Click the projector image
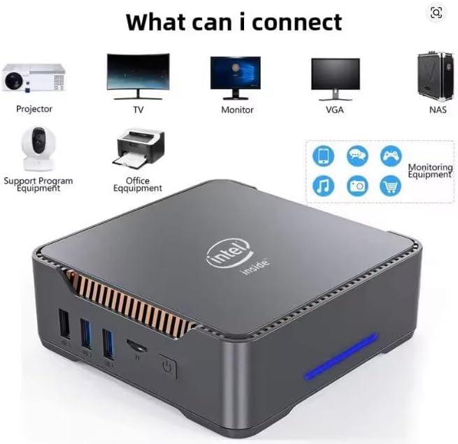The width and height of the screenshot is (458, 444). pos(34,77)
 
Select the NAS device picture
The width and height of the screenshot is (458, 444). pos(436,77)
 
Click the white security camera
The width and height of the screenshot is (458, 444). pos(38,149)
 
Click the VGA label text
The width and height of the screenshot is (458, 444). pos(335,110)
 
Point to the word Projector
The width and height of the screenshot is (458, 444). pos(34,109)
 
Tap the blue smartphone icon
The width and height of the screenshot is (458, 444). pos(323,156)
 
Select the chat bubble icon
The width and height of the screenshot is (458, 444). pos(357,156)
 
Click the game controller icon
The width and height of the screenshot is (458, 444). pos(391,156)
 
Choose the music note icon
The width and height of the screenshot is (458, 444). pos(323,186)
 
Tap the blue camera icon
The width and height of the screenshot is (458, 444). pos(357,186)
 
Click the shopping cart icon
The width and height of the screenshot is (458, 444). pos(391,186)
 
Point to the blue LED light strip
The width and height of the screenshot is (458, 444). pos(341,357)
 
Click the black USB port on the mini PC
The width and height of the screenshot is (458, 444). pos(64,324)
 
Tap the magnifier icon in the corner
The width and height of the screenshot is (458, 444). pos(436,13)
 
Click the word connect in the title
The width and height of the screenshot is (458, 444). pos(296,22)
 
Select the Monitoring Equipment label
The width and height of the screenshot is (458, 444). pos(430,171)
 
